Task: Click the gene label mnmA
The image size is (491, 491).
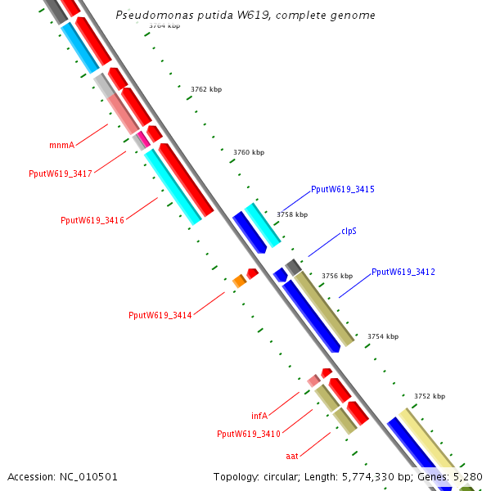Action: [x=61, y=145]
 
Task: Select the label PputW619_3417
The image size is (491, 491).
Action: [x=61, y=173]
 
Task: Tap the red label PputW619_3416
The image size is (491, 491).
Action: [x=92, y=220]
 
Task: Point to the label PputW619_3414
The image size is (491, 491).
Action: [x=160, y=315]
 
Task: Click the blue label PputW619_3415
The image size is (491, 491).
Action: [x=343, y=189]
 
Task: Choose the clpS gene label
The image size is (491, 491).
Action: [x=349, y=231]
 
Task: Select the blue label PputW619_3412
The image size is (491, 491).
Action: [x=403, y=272]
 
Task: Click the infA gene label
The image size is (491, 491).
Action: [x=259, y=416]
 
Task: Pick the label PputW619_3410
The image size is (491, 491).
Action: [x=249, y=434]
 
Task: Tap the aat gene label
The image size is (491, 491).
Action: [x=292, y=455]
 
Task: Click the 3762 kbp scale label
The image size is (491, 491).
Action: [x=206, y=89]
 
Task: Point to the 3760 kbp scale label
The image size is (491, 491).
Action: [x=249, y=152]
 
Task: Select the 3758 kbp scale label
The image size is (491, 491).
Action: [x=292, y=214]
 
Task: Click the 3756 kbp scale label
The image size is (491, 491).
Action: [x=337, y=276]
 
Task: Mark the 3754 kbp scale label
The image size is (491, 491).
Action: [x=383, y=336]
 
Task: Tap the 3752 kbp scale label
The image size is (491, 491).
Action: [x=430, y=396]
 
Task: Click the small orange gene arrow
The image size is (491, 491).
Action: [x=240, y=282]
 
